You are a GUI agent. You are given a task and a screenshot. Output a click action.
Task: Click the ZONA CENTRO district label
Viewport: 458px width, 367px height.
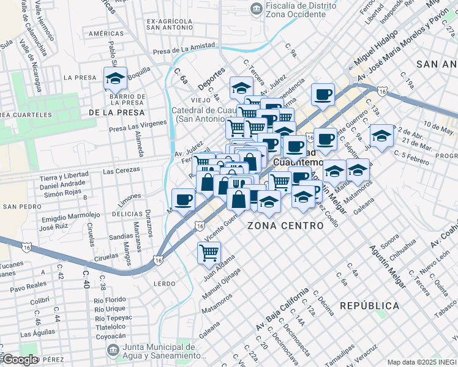pyautogui.click(x=285, y=226)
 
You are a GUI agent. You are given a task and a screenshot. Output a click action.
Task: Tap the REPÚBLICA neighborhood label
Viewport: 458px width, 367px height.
pyautogui.click(x=369, y=305)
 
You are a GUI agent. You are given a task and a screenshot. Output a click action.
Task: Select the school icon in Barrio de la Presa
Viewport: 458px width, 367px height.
pyautogui.click(x=115, y=78)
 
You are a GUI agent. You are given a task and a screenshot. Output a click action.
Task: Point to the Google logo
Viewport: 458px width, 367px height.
pyautogui.click(x=20, y=360)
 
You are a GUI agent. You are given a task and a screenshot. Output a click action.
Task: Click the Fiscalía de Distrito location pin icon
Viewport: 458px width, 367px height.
pyautogui.click(x=255, y=9)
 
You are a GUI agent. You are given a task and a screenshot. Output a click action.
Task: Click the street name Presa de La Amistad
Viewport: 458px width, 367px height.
pyautogui.click(x=185, y=47)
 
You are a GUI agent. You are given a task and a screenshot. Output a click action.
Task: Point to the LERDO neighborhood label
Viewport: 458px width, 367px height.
pyautogui.click(x=165, y=284)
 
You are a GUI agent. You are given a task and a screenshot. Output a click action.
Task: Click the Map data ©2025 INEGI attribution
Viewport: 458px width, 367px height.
pyautogui.click(x=422, y=362)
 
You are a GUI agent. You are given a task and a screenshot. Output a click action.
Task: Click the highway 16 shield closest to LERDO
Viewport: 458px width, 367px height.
pyautogui.click(x=159, y=261)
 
